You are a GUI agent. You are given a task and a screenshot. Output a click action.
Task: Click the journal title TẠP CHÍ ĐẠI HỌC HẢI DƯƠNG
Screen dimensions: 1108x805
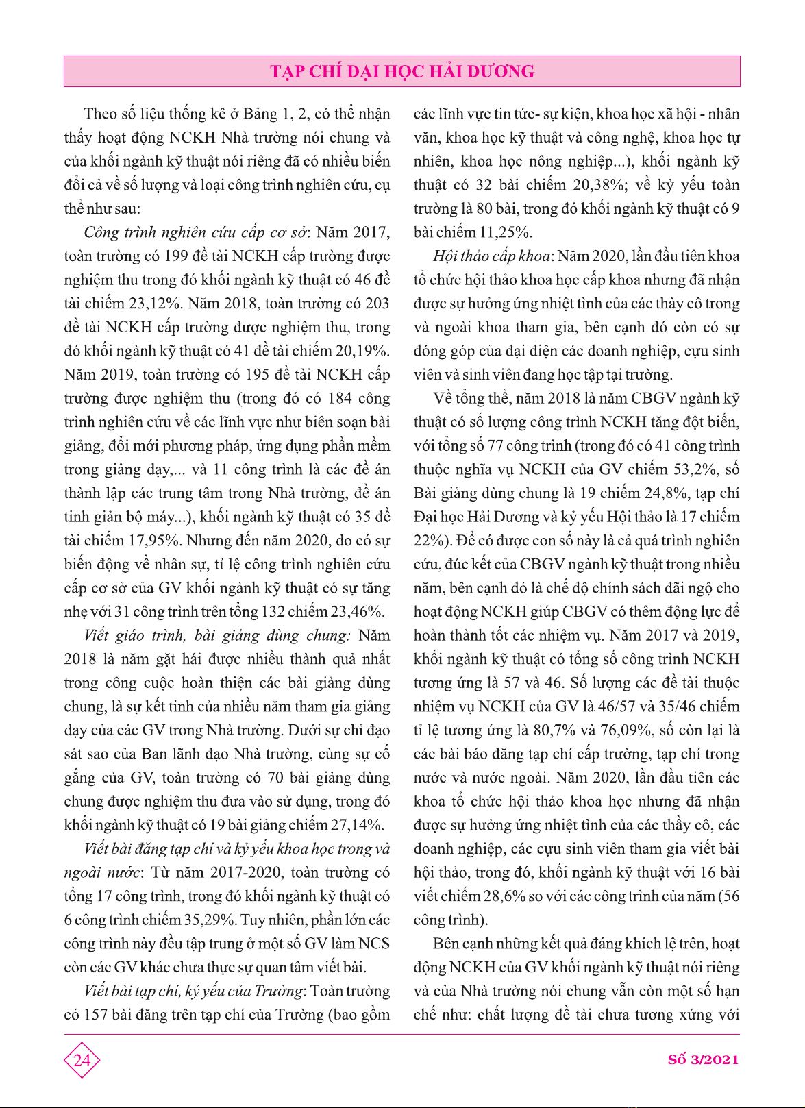pos(402,72)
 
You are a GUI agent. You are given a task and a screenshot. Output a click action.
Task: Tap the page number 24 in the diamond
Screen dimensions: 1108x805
pos(82,1060)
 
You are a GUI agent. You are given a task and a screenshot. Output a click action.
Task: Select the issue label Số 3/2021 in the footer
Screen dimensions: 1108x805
pos(703,1059)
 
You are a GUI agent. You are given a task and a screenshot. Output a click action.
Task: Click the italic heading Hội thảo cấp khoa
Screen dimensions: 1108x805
pos(491,256)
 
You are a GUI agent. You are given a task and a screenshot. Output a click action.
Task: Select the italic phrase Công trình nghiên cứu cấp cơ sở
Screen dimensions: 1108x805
pos(195,232)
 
